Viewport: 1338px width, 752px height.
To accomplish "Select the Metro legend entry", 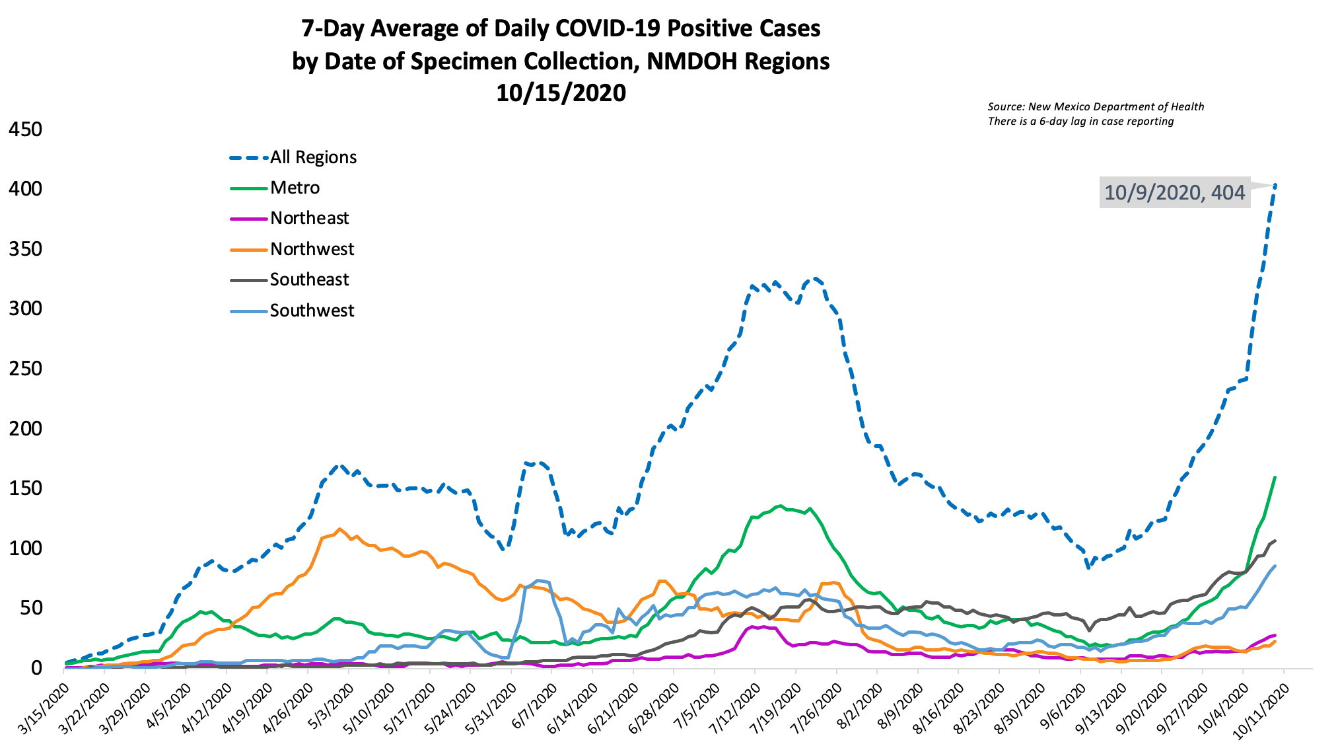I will [x=295, y=188].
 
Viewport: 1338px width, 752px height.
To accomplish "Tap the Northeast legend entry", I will [x=309, y=218].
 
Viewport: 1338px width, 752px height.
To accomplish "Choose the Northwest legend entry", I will [x=312, y=249].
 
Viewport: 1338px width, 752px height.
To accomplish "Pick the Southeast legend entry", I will [x=309, y=280].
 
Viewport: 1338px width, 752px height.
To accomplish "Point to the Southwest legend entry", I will [x=312, y=311].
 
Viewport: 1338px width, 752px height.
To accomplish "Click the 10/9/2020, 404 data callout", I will [x=1174, y=192].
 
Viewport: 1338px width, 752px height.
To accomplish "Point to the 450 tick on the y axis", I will [x=25, y=130].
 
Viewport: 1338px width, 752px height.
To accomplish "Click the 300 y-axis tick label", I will [x=25, y=309].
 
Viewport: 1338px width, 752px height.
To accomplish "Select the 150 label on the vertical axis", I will [x=25, y=488].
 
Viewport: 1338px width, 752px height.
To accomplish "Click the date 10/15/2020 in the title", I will [x=561, y=93].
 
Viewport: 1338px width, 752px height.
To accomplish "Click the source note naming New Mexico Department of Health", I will [x=1096, y=106].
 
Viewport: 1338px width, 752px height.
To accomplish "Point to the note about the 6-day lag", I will [x=1080, y=121].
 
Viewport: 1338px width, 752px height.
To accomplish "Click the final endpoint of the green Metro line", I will [x=1275, y=477].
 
